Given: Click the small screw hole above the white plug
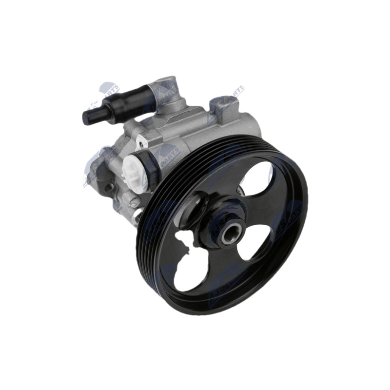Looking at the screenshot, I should click(x=142, y=140).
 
